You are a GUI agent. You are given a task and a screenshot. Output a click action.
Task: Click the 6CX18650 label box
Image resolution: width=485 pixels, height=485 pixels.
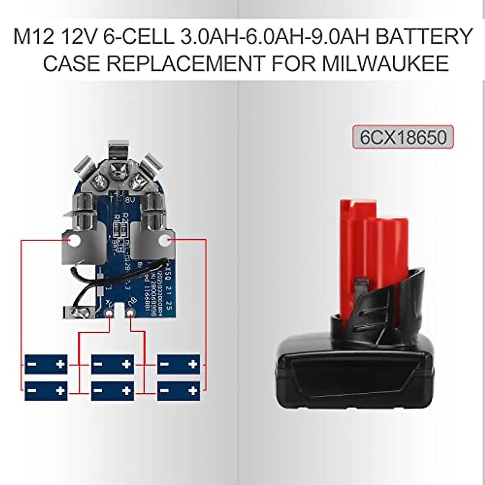coord(403,137)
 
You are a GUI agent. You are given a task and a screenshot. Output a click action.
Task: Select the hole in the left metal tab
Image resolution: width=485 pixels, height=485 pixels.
coord(74,242)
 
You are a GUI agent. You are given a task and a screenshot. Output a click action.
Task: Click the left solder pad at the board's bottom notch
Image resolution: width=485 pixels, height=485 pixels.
coord(110,314)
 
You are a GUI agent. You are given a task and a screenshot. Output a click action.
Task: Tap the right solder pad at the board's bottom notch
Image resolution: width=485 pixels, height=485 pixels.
coord(130,314)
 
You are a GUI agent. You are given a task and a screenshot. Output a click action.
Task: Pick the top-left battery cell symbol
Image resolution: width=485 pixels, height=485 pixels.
coord(46,364)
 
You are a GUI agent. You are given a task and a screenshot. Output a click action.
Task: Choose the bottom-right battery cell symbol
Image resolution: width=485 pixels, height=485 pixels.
coord(178,390)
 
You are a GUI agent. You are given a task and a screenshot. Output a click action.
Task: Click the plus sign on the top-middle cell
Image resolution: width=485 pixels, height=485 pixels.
coord(127,364)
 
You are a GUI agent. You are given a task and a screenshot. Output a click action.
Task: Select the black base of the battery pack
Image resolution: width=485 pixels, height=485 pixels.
coord(356,372)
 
